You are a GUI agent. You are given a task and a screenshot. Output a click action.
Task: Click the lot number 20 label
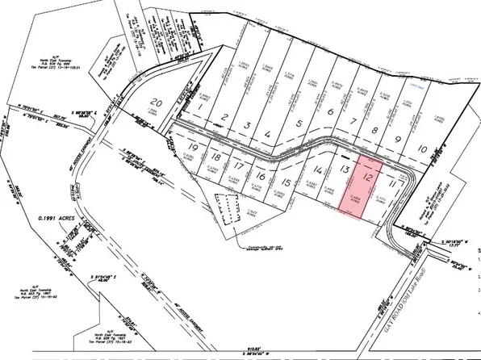tap(158, 103)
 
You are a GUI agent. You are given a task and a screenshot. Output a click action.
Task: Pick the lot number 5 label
tap(300, 124)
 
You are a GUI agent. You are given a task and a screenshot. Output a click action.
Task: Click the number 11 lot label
tap(393, 185)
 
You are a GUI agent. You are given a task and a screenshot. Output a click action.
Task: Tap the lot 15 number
tap(286, 183)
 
